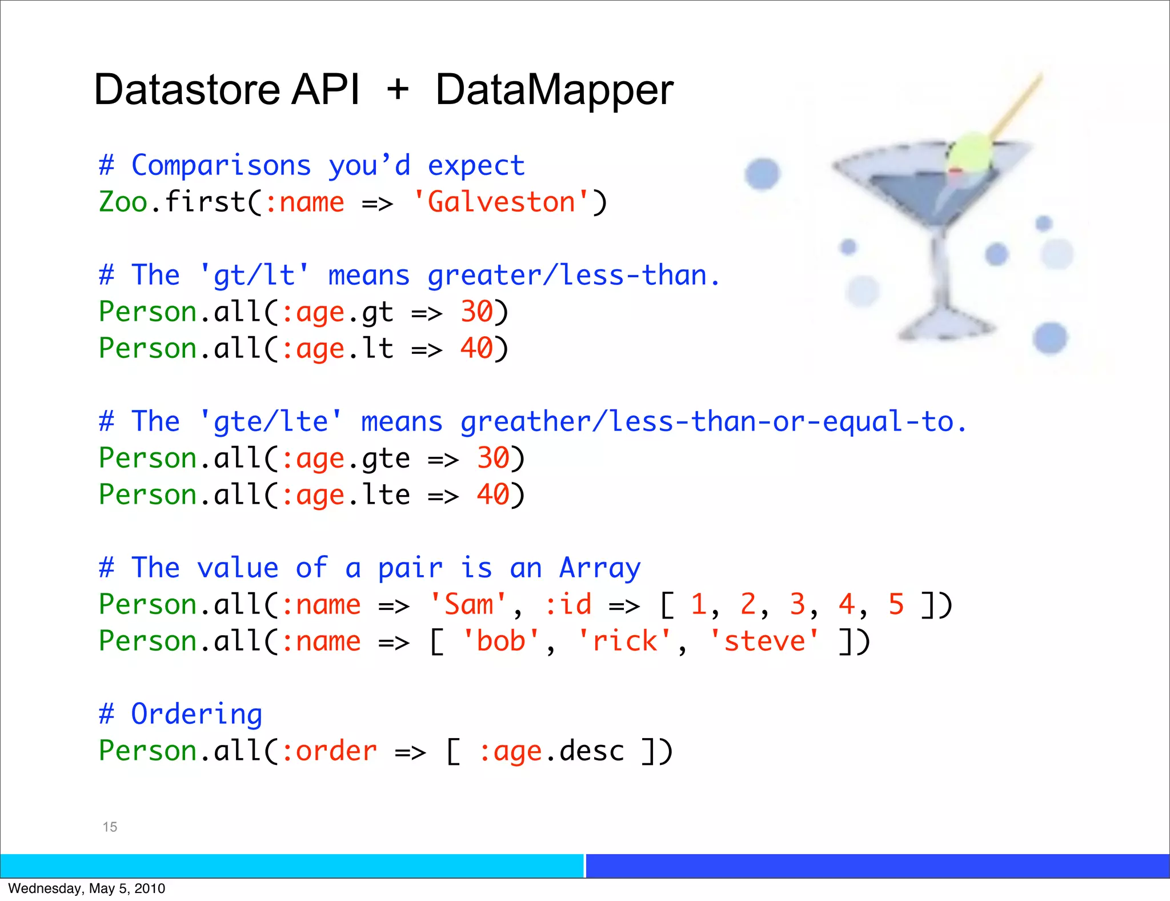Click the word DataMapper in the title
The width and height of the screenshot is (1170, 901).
pos(554,90)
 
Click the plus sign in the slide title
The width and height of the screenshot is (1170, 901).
pos(398,90)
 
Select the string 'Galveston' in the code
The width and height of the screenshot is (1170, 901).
pos(501,202)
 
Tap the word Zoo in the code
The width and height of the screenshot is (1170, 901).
pos(123,202)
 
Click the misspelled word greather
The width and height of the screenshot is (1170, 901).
pos(525,422)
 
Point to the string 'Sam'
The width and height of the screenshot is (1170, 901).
pos(468,605)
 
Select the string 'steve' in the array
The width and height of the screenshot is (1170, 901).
pos(764,641)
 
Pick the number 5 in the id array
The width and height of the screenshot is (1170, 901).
pos(896,605)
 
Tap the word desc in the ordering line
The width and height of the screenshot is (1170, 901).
pos(591,751)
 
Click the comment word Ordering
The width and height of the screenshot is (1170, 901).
pos(197,715)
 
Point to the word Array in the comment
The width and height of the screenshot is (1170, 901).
pos(600,568)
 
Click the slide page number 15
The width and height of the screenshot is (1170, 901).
pos(110,827)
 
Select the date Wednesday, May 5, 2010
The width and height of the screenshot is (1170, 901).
pos(87,888)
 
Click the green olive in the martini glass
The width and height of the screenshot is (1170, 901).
pos(969,152)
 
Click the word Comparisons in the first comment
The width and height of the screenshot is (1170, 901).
pos(221,166)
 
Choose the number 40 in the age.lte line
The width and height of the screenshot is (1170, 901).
pos(492,495)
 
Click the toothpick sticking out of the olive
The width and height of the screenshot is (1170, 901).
pos(1017,103)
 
